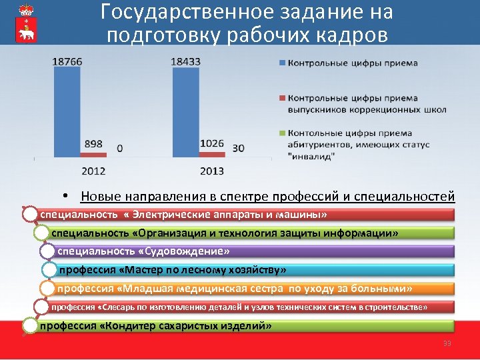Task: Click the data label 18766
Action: (67, 61)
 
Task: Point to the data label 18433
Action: (186, 61)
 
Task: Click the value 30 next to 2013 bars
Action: (238, 147)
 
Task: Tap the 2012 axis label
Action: (93, 171)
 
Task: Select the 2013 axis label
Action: (212, 171)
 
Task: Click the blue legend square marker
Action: (281, 64)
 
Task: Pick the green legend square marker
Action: (281, 133)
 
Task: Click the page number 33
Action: (447, 343)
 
